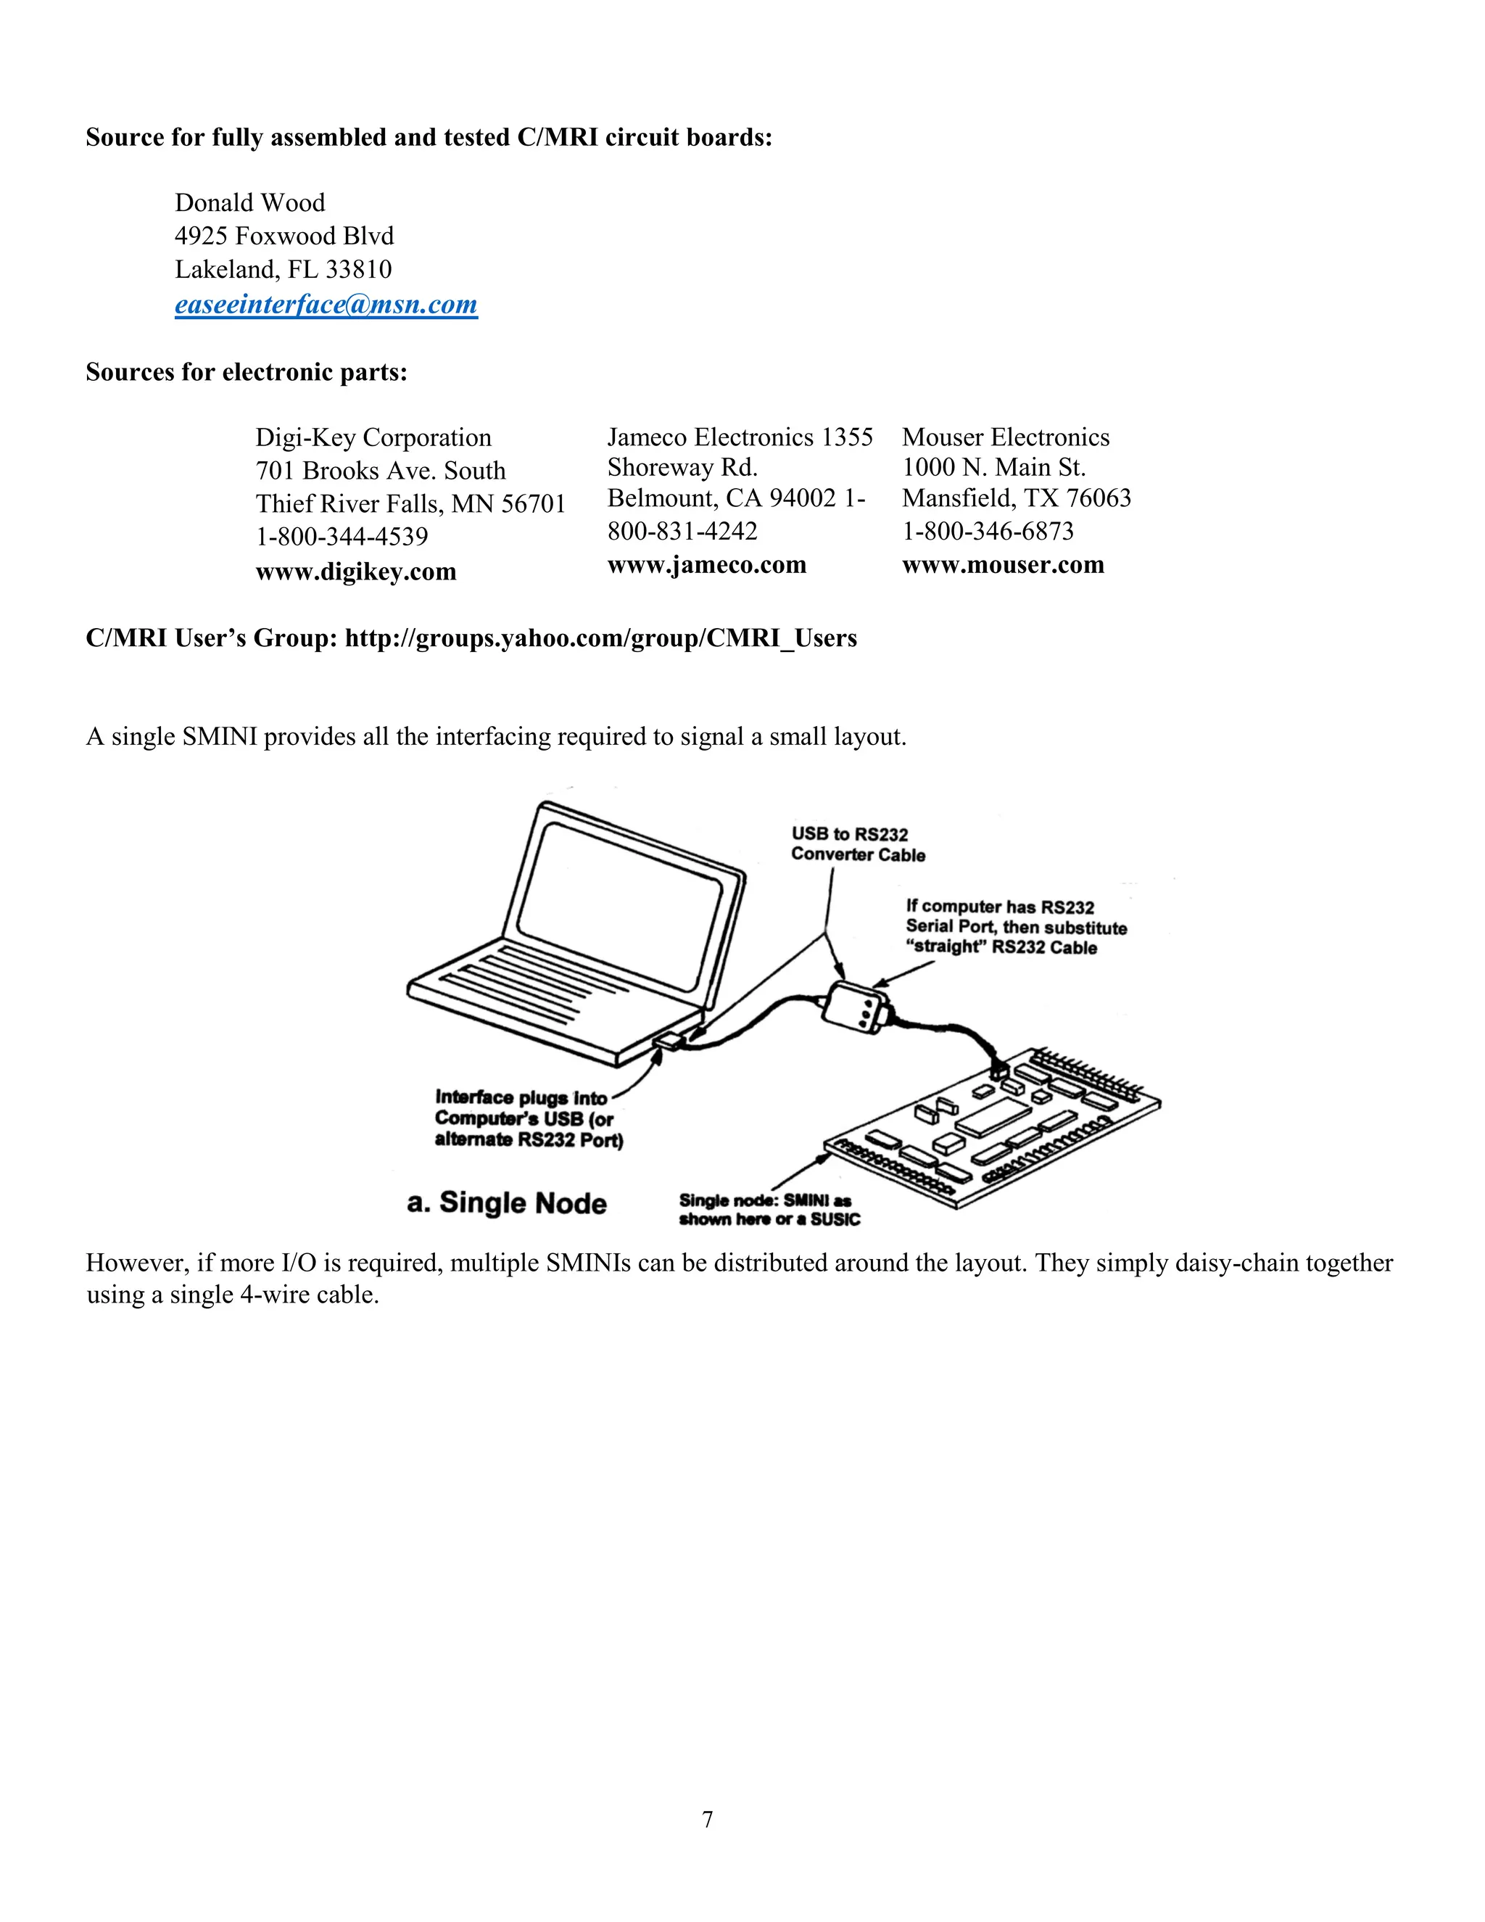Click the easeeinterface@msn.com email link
pos(326,305)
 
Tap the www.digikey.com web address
pos(355,572)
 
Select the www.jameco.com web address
pos(706,565)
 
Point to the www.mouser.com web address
pos(1003,565)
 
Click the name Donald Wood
pos(250,203)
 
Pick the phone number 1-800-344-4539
pos(342,537)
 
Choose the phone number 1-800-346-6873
pos(988,532)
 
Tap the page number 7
pos(707,1819)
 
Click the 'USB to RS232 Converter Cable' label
pos(857,844)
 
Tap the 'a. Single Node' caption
pos(507,1203)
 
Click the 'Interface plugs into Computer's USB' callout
pos(528,1118)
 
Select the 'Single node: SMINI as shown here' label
pos(769,1210)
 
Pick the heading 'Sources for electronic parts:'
pos(247,373)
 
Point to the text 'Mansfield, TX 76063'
pos(1016,499)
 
